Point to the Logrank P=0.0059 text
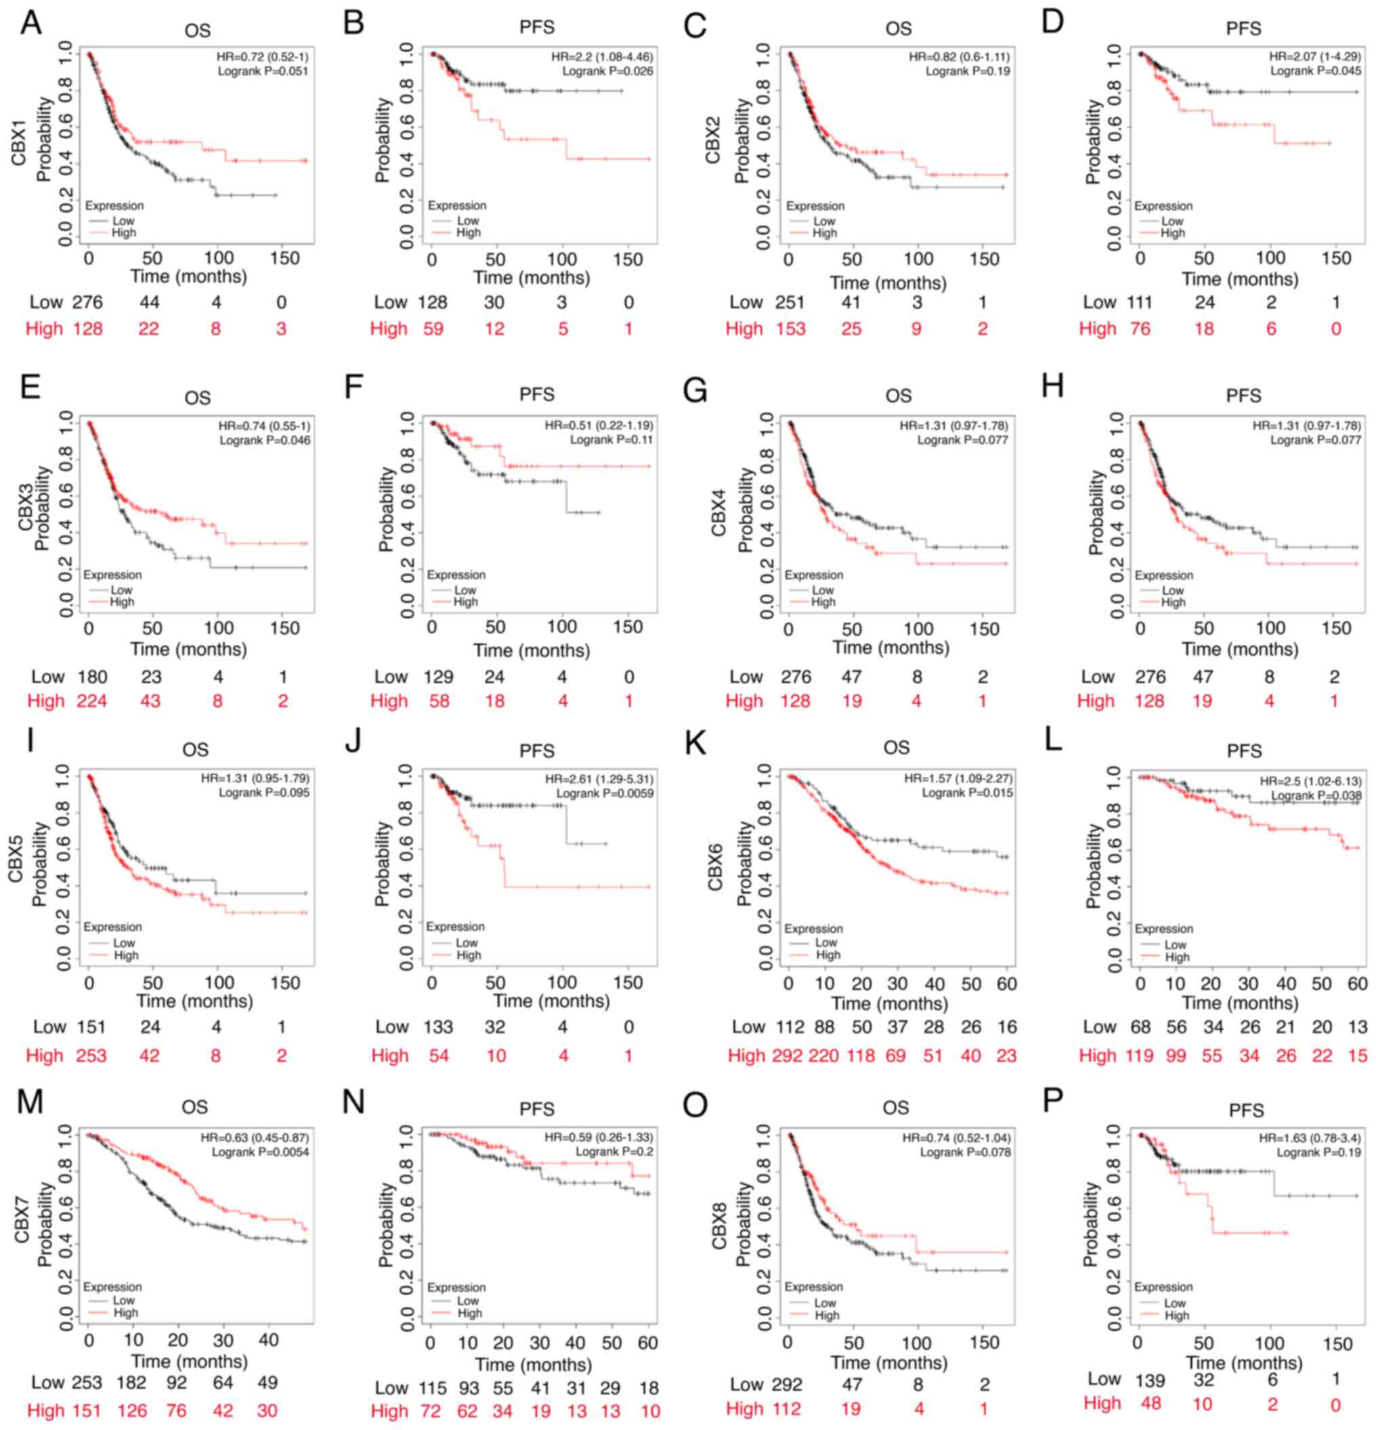(605, 793)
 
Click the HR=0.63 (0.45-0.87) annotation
(255, 1137)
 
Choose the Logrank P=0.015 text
(967, 793)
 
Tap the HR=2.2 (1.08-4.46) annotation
(601, 57)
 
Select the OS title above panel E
(197, 398)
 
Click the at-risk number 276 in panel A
(87, 302)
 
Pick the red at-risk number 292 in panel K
(788, 1055)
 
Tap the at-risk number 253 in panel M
(87, 1382)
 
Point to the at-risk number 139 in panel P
(1150, 1381)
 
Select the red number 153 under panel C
(790, 329)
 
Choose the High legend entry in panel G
(823, 602)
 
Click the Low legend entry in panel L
(1175, 945)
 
